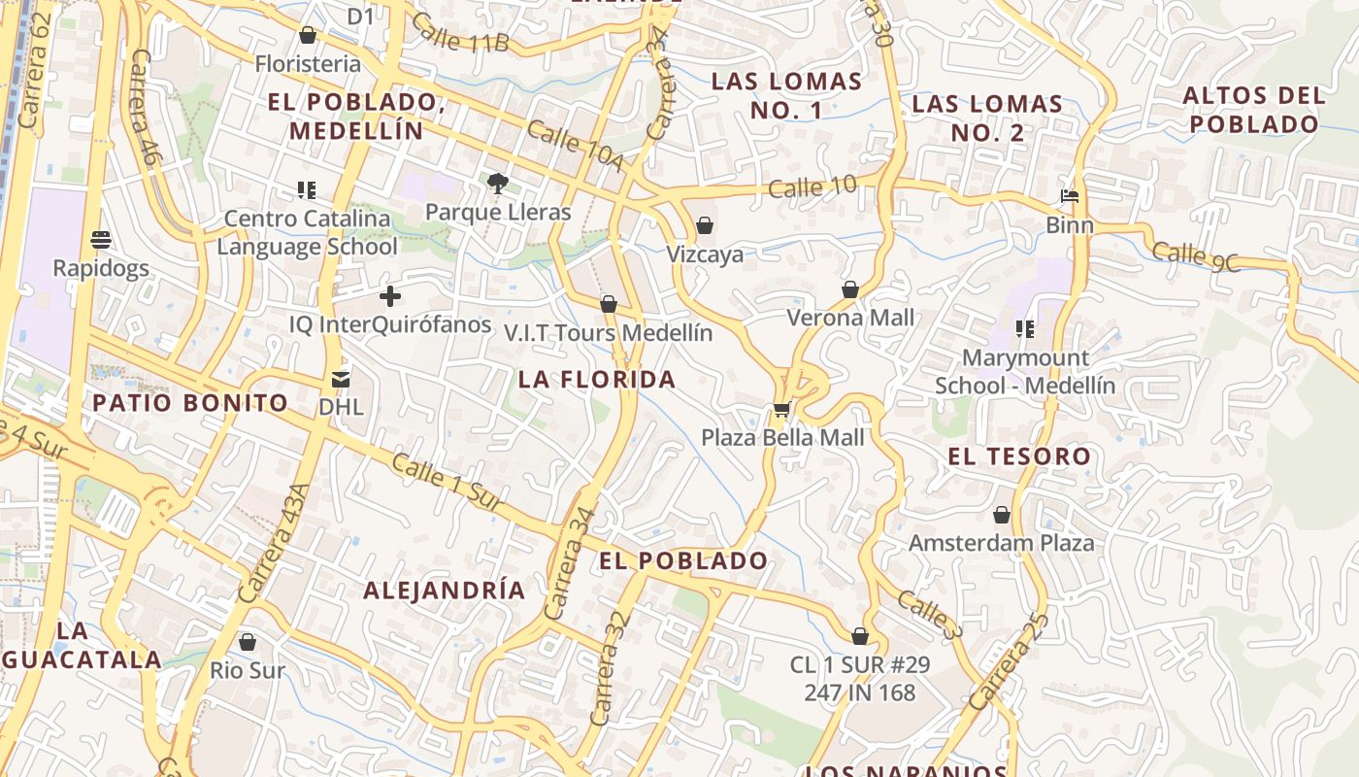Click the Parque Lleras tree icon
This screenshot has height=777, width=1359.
click(x=498, y=183)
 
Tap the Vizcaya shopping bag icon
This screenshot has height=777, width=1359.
click(x=705, y=226)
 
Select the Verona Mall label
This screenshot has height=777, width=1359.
click(x=850, y=318)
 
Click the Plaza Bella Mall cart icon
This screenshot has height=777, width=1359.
click(x=781, y=410)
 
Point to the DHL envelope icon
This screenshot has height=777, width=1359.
click(x=341, y=379)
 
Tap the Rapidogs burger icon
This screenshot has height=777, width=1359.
click(x=101, y=239)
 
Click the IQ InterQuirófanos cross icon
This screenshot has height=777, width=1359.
click(x=390, y=296)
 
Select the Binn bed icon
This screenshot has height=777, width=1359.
click(x=1070, y=197)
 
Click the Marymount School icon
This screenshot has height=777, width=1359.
click(x=1024, y=329)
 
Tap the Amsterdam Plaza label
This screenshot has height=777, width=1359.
click(x=1002, y=543)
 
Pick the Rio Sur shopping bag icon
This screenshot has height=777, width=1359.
click(x=248, y=642)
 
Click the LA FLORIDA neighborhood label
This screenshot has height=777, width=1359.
click(x=597, y=380)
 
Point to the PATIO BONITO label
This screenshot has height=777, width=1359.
click(x=190, y=403)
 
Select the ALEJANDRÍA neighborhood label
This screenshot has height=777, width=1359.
click(x=445, y=591)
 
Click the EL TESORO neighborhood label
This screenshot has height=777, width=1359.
click(x=1019, y=456)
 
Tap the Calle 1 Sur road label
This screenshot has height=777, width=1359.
click(x=446, y=483)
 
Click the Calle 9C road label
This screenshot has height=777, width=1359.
click(x=1196, y=257)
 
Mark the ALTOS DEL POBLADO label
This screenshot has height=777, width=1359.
click(x=1254, y=110)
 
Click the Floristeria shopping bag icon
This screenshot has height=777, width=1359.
click(x=308, y=36)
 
